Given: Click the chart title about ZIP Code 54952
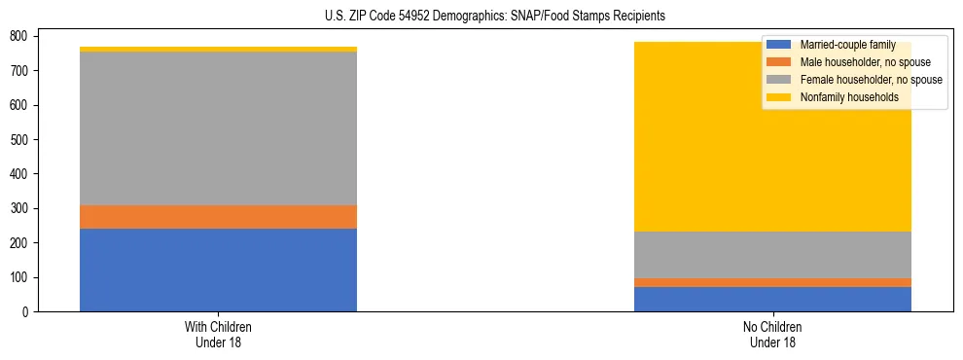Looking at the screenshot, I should pyautogui.click(x=495, y=17).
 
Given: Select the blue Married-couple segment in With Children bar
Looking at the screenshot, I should pyautogui.click(x=218, y=270).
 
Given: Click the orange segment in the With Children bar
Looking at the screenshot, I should pyautogui.click(x=218, y=216).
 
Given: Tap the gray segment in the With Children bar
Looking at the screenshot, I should pyautogui.click(x=218, y=128).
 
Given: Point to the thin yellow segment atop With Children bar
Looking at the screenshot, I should pyautogui.click(x=218, y=49).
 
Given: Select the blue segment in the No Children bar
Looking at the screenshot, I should pyautogui.click(x=772, y=299).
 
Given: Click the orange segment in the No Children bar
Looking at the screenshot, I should pyautogui.click(x=772, y=282).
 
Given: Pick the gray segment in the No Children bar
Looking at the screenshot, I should pyautogui.click(x=772, y=255).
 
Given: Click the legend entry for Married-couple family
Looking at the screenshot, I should pyautogui.click(x=854, y=45).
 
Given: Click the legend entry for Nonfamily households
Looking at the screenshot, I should pyautogui.click(x=855, y=97).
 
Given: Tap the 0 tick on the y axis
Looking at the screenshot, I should pyautogui.click(x=27, y=312).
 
